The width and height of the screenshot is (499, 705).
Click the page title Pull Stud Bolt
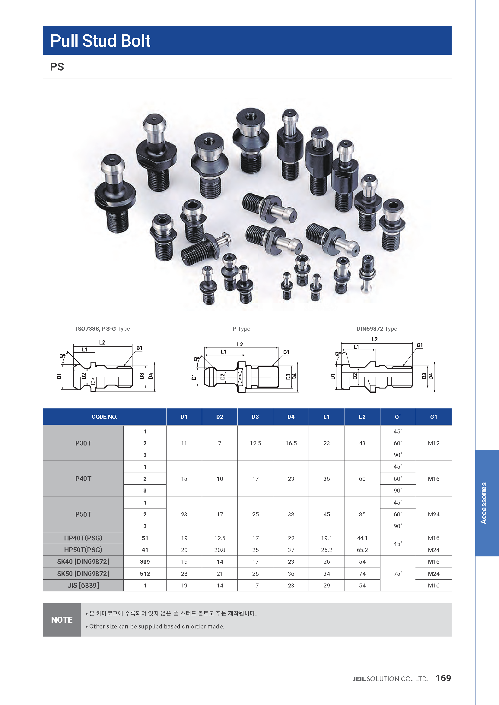click(100, 41)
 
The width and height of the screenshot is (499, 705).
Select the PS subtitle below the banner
click(57, 67)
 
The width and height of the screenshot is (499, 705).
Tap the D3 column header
click(255, 417)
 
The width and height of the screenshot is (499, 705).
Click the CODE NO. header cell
click(104, 417)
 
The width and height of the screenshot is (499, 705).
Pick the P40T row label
click(83, 479)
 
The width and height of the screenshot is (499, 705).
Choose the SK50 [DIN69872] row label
click(83, 574)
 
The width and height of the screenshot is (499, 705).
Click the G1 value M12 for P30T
click(434, 443)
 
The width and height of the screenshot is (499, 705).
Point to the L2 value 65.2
click(362, 550)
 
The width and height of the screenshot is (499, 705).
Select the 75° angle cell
click(398, 574)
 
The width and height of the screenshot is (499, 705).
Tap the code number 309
click(145, 562)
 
